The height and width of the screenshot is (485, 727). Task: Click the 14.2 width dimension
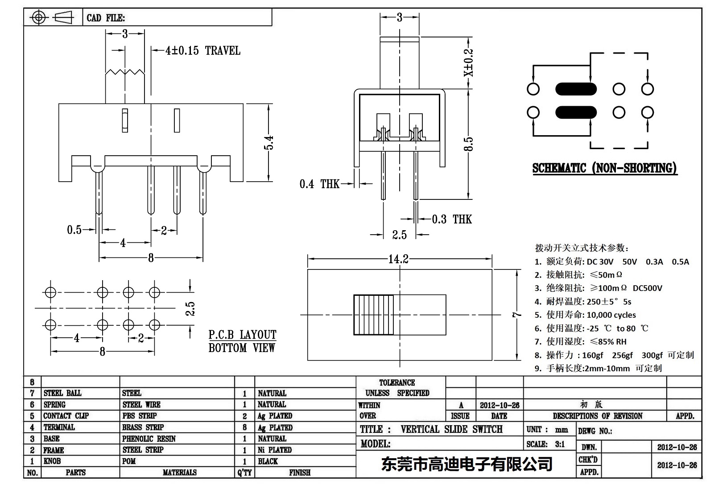click(398, 259)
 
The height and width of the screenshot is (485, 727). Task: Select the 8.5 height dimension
click(468, 144)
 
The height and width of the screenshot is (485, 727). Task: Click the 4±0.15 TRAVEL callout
click(202, 50)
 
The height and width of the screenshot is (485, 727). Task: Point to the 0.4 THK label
click(319, 184)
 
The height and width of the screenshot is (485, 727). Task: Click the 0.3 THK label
click(451, 219)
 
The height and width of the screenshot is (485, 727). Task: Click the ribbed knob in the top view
click(374, 315)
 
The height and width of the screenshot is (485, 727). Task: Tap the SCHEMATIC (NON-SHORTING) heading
click(604, 168)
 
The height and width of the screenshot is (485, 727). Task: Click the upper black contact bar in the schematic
click(575, 89)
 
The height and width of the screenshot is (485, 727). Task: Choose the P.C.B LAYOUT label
click(242, 335)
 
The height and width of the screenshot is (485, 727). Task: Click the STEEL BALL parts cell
click(62, 393)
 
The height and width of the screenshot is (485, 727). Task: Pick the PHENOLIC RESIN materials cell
click(149, 439)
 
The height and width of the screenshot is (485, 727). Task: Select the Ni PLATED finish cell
click(274, 450)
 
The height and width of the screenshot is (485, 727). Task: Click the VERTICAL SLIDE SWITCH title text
click(451, 429)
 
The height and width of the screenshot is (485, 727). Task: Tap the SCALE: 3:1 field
click(545, 444)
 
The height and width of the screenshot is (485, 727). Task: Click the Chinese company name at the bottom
click(467, 464)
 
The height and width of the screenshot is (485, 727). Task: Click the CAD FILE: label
click(106, 18)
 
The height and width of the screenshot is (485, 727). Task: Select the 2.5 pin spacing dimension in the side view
click(399, 235)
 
